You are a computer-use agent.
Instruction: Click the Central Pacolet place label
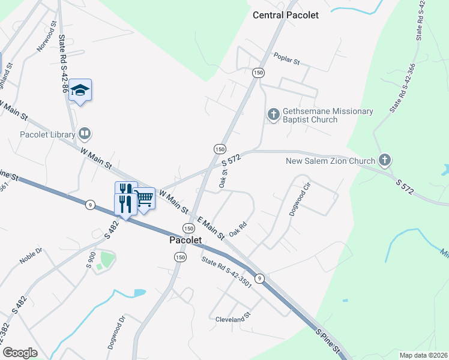pos(286,15)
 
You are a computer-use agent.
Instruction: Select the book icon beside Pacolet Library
pos(86,133)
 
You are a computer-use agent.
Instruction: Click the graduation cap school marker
pos(80,90)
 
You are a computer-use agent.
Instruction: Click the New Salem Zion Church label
pos(330,160)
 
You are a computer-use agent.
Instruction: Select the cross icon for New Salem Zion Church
pos(385,160)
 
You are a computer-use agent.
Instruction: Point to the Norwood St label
pos(47,37)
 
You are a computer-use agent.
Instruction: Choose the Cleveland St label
pos(232,320)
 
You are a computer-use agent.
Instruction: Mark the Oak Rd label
pos(238,229)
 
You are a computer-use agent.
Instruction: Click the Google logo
pos(20,353)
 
